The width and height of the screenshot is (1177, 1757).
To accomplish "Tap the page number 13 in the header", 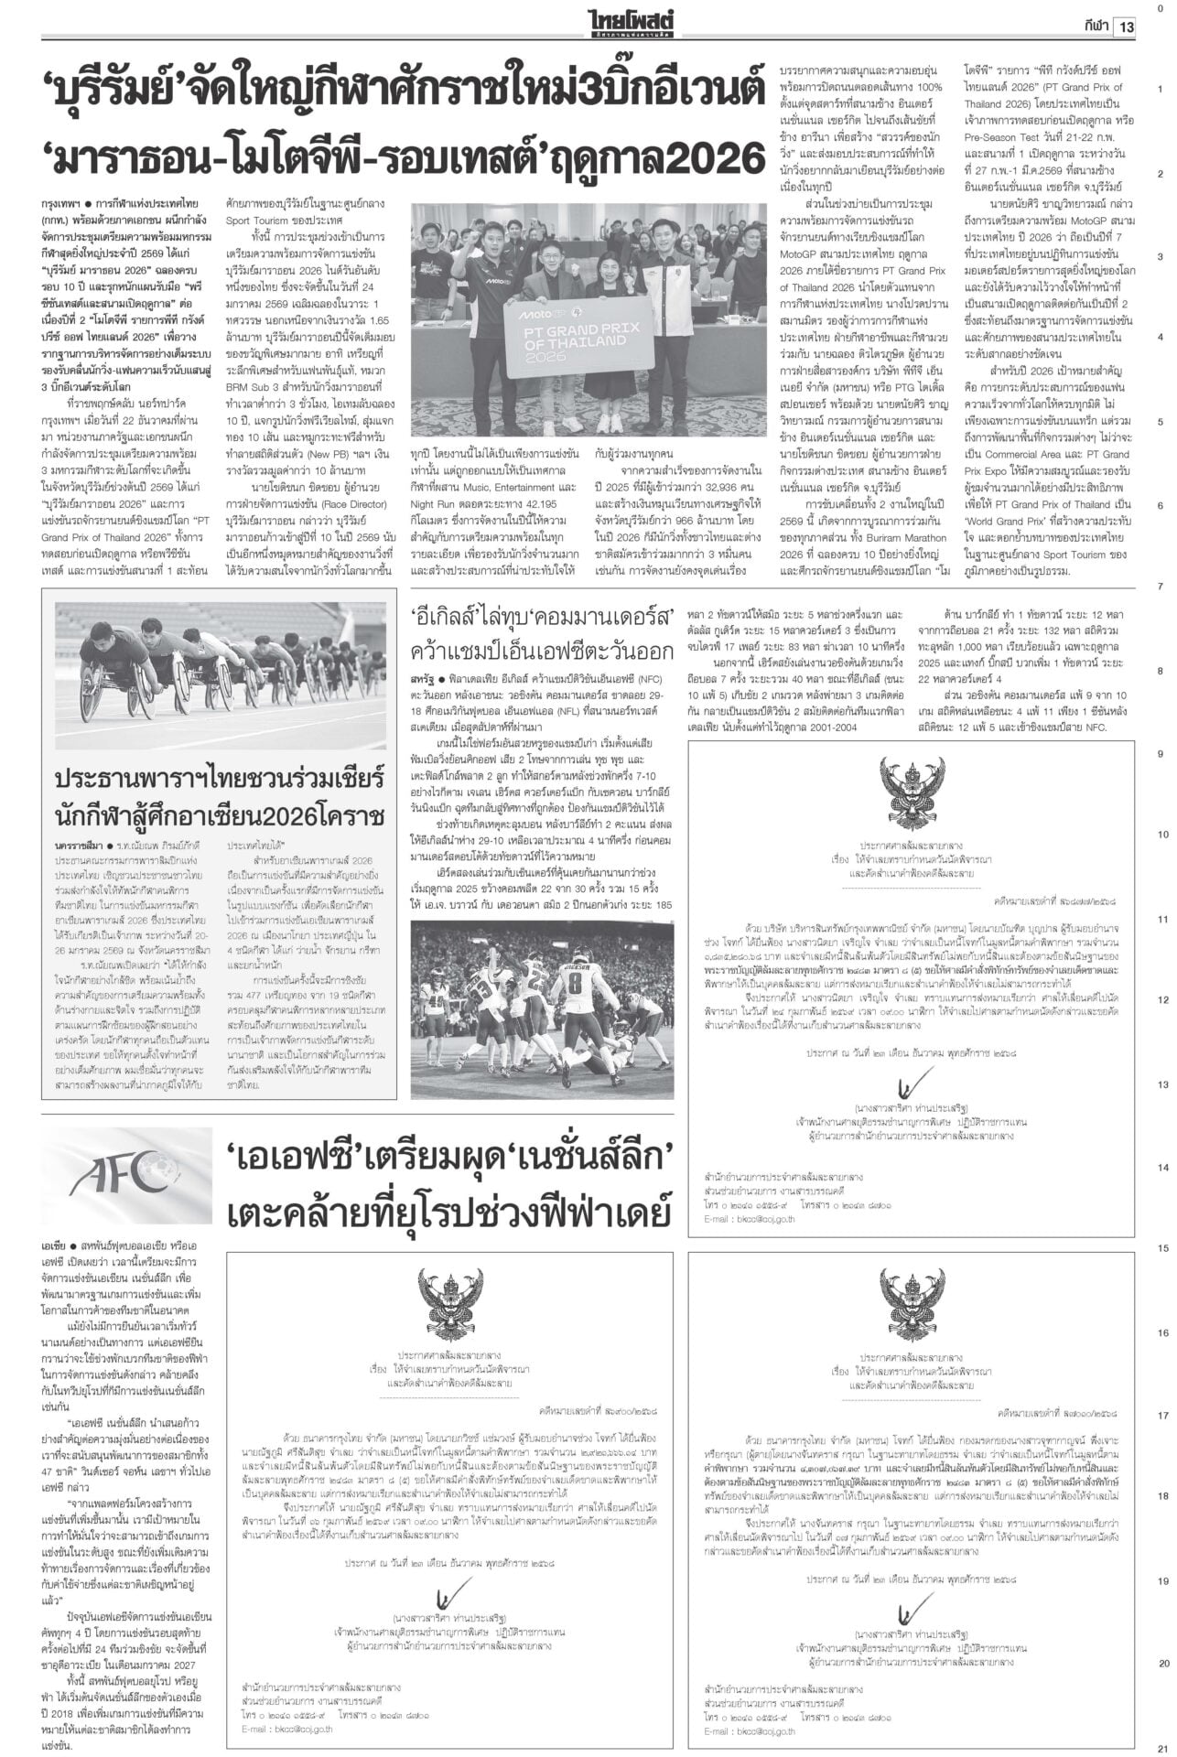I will [1124, 27].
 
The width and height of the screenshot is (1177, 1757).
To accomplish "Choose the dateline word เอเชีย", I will [59, 1247].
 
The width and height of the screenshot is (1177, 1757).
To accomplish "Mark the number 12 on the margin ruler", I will [1159, 1000].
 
